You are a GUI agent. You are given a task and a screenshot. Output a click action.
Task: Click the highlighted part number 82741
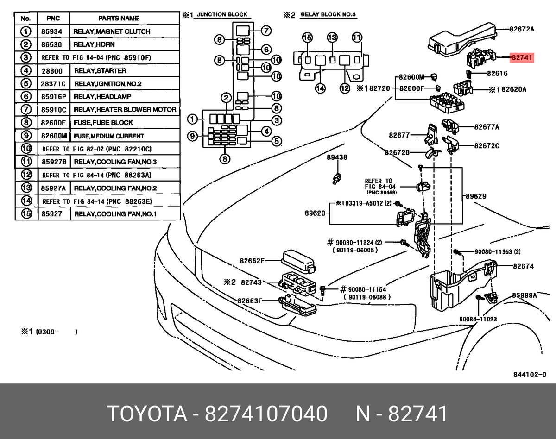(x=522, y=58)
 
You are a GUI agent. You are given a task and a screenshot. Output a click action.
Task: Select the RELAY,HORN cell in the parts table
(x=94, y=44)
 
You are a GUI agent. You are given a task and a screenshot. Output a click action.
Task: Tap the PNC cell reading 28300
(x=51, y=71)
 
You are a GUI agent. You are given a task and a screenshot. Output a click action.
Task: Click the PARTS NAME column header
(x=119, y=19)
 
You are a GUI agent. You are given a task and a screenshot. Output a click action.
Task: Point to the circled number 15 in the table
(x=26, y=214)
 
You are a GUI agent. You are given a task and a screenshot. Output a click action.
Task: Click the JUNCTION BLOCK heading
(x=222, y=15)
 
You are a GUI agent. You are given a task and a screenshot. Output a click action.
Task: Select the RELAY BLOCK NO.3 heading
(x=328, y=15)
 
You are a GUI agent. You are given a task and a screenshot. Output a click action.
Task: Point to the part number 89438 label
(x=337, y=157)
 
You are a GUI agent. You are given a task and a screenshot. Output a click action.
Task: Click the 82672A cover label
(x=522, y=29)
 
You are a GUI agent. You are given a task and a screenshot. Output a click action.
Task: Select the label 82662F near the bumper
(x=252, y=261)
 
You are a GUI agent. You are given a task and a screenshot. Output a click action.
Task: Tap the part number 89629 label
(x=476, y=196)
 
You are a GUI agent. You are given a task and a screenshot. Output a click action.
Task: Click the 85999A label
(x=524, y=295)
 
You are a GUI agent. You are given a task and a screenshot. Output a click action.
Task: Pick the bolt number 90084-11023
(x=478, y=319)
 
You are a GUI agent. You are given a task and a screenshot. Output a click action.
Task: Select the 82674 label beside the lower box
(x=523, y=266)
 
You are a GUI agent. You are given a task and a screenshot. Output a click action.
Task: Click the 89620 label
(x=316, y=213)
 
